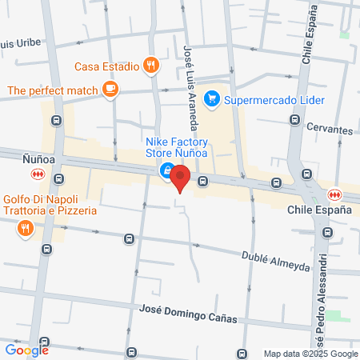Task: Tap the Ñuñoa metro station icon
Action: click(38, 174)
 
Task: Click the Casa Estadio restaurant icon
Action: click(150, 66)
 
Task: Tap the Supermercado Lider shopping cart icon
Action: click(212, 99)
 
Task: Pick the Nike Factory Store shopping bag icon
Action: click(166, 170)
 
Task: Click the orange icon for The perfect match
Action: click(111, 90)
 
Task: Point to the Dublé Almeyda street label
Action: click(275, 260)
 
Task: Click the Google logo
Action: click(27, 350)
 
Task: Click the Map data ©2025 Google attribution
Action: click(311, 354)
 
